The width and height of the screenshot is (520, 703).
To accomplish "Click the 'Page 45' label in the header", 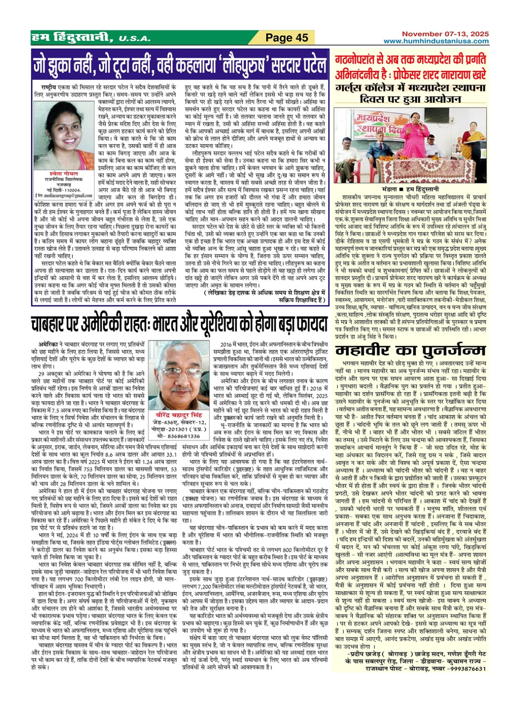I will pyautogui.click(x=287, y=38).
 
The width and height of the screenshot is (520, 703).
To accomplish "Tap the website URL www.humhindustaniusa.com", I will pyautogui.click(x=436, y=41).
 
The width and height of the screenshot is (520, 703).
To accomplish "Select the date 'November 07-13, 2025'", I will pyautogui.click(x=445, y=34).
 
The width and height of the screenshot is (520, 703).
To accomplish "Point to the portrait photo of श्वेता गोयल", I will pyautogui.click(x=64, y=136).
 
